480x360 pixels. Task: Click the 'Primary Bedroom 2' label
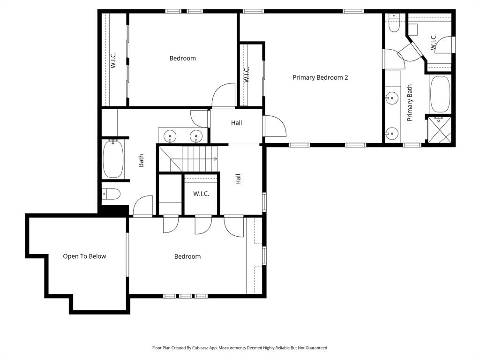320,77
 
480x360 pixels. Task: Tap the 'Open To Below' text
84,256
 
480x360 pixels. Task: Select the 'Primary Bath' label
410,103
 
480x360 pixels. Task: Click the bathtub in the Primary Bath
440,94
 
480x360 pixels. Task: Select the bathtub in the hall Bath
113,159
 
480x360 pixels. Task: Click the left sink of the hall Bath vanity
169,136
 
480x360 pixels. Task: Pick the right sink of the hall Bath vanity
195,136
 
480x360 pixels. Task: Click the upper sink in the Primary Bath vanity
390,98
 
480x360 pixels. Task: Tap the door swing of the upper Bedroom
224,95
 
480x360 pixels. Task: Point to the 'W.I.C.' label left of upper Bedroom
113,60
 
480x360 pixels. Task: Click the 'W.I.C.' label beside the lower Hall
201,194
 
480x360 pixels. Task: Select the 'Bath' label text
141,161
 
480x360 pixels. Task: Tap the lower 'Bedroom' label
187,256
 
